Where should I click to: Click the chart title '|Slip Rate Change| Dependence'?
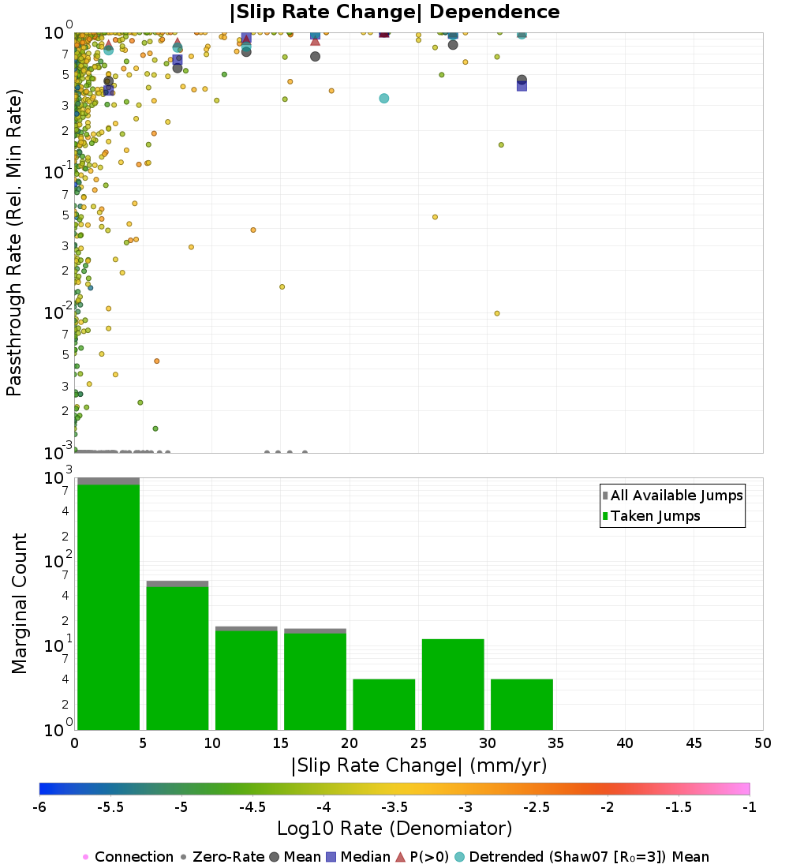(394, 12)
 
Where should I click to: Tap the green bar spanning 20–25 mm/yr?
(384, 704)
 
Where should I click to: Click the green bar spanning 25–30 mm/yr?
(453, 684)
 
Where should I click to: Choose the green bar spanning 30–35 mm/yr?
(522, 704)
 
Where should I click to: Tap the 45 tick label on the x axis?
(694, 743)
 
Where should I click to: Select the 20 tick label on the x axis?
(350, 743)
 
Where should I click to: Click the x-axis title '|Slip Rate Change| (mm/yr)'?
(419, 765)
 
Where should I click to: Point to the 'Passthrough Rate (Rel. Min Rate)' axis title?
(15, 242)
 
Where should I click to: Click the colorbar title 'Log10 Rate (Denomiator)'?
(394, 829)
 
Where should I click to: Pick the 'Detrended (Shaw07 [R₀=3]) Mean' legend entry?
(589, 857)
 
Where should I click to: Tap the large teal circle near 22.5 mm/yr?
(383, 99)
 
